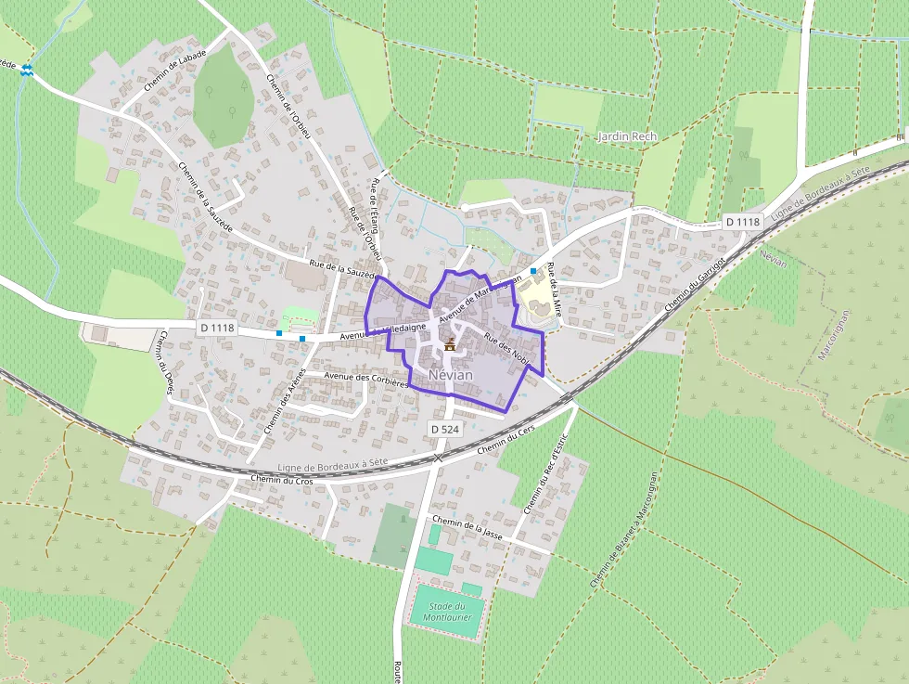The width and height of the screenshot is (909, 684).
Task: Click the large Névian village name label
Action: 451,374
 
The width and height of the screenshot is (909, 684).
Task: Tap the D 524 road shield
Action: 444,428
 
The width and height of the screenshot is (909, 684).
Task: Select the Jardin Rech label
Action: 627,136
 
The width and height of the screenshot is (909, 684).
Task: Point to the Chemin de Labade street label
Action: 175,70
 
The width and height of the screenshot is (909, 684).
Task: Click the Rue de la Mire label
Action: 554,290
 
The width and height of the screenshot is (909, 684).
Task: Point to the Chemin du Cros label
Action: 282,480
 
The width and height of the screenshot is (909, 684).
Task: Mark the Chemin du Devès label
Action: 167,363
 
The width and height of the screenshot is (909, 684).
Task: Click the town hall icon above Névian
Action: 450,345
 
